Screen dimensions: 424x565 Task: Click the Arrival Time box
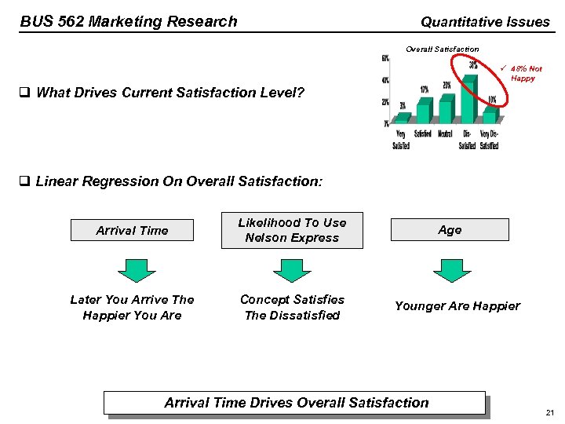coord(132,230)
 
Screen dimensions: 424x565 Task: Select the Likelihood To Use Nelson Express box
coord(292,230)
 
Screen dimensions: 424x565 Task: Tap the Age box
coord(450,229)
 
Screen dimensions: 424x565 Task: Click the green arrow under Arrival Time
coord(137,270)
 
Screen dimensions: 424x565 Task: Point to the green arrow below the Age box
coord(452,270)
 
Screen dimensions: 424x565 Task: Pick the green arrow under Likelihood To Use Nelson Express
coord(292,270)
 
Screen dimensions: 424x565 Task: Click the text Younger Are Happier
coord(457,306)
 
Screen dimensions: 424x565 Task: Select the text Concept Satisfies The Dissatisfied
coord(292,307)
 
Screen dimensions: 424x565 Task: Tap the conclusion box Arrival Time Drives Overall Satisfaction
coord(296,403)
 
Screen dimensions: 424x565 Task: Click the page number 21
coord(549,413)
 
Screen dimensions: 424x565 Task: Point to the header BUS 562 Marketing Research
coord(129,21)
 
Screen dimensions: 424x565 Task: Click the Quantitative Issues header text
coord(485,22)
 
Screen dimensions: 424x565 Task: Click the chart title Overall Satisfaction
coord(442,49)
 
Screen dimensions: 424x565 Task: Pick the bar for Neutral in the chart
coord(446,108)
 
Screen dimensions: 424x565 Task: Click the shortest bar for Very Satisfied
coord(403,118)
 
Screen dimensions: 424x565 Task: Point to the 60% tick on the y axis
coord(385,59)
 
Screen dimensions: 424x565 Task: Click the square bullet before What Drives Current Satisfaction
coord(24,93)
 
